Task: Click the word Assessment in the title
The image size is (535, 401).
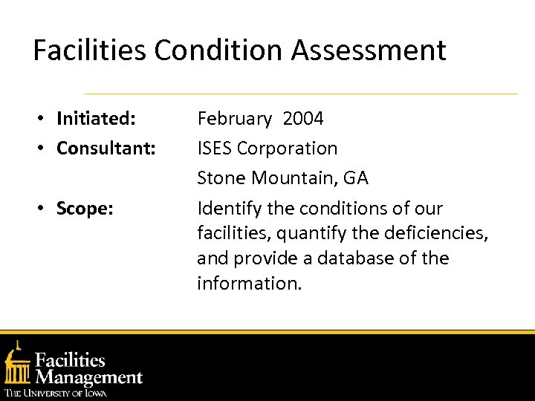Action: coord(369,50)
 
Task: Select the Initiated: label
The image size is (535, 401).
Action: coord(96,119)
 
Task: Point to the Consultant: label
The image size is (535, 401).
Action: coord(106,149)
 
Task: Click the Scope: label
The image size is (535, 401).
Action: coord(85,209)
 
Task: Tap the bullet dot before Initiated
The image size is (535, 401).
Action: coord(45,119)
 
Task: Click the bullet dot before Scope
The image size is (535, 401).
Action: coord(45,209)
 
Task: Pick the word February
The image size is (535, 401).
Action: coord(234,119)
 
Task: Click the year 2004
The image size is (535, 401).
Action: coord(303,119)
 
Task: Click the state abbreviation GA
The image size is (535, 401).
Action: coord(355,178)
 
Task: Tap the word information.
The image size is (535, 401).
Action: coord(249,284)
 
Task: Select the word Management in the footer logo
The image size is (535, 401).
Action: coord(89,377)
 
